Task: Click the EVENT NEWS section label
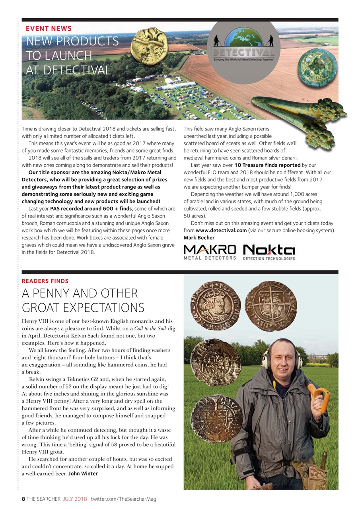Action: [49, 29]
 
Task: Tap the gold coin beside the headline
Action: [150, 45]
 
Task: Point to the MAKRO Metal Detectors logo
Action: [210, 252]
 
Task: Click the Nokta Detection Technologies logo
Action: [269, 252]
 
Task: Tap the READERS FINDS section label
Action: [45, 281]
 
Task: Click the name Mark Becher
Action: [199, 238]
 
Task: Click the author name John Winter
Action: [83, 473]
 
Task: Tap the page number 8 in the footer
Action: [23, 499]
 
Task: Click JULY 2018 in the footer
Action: [75, 499]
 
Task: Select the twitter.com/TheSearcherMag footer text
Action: [123, 499]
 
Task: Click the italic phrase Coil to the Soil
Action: [151, 328]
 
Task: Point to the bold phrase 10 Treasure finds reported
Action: [267, 165]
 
